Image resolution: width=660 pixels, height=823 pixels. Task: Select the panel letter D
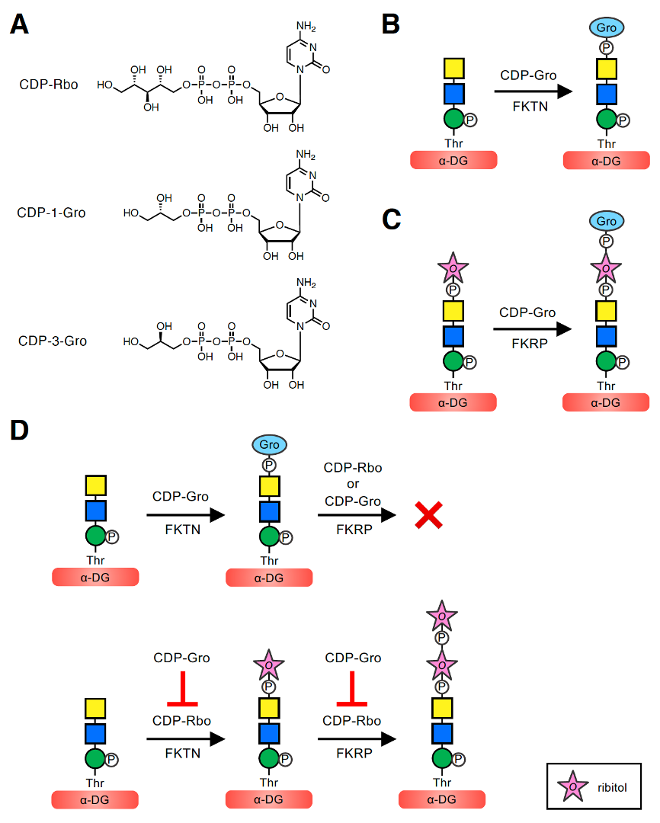[20, 431]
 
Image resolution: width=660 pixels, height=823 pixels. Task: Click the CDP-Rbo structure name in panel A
[49, 84]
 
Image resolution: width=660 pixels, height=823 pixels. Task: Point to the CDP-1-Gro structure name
[51, 213]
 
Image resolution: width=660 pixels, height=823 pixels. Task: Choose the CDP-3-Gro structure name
[52, 341]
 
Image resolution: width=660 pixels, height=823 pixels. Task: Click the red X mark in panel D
[429, 516]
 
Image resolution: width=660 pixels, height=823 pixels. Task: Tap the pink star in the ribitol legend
[571, 784]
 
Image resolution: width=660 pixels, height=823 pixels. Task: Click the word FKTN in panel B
[528, 107]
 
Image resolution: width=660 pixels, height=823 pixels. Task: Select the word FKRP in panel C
[527, 343]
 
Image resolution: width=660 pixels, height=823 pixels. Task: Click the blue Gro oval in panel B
[607, 27]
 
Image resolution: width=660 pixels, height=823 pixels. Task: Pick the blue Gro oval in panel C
[607, 221]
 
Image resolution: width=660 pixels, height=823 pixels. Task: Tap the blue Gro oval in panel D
[269, 444]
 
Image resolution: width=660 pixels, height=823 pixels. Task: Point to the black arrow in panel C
[532, 328]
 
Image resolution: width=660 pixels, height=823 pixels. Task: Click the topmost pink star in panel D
[441, 615]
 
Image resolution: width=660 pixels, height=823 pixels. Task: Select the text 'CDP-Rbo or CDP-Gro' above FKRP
[353, 484]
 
